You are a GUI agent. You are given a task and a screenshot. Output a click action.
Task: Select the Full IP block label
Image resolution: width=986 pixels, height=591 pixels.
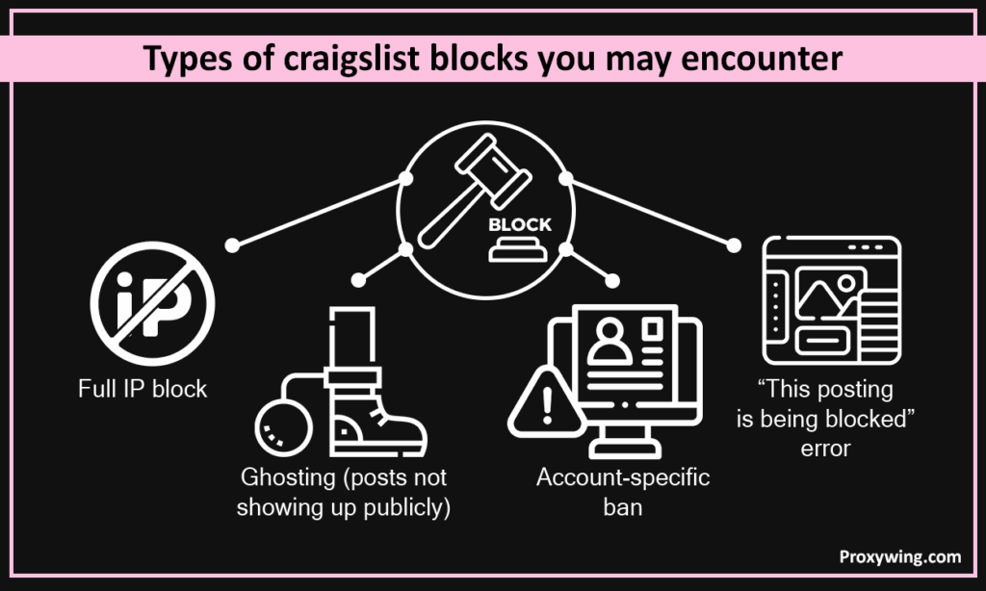click(143, 390)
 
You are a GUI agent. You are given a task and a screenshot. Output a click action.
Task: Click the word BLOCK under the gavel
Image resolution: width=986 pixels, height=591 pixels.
click(520, 225)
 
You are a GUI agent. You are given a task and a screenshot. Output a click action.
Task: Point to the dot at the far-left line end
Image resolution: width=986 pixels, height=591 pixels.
click(231, 245)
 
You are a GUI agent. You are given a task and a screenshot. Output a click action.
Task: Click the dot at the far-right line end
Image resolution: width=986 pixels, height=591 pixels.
click(734, 244)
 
